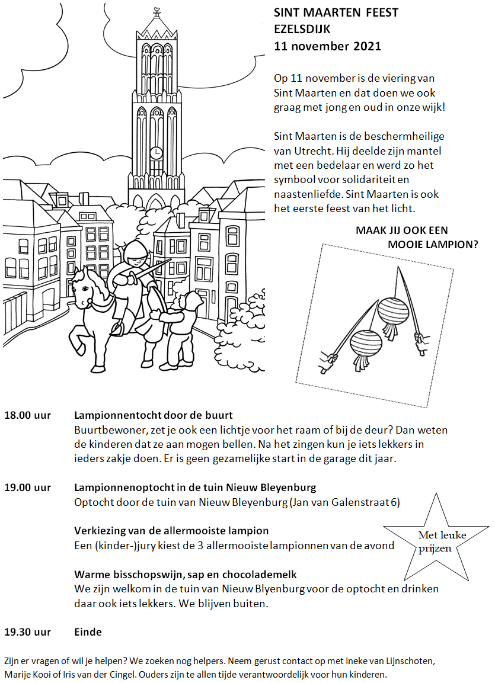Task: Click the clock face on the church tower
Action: click(x=156, y=153)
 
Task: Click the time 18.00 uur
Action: click(x=28, y=415)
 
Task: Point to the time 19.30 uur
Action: click(x=28, y=632)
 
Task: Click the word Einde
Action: click(x=88, y=632)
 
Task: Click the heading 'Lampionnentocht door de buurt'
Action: click(x=154, y=415)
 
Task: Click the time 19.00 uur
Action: click(x=28, y=488)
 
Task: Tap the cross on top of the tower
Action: click(x=157, y=11)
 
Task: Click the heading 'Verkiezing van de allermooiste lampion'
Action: click(x=171, y=531)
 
